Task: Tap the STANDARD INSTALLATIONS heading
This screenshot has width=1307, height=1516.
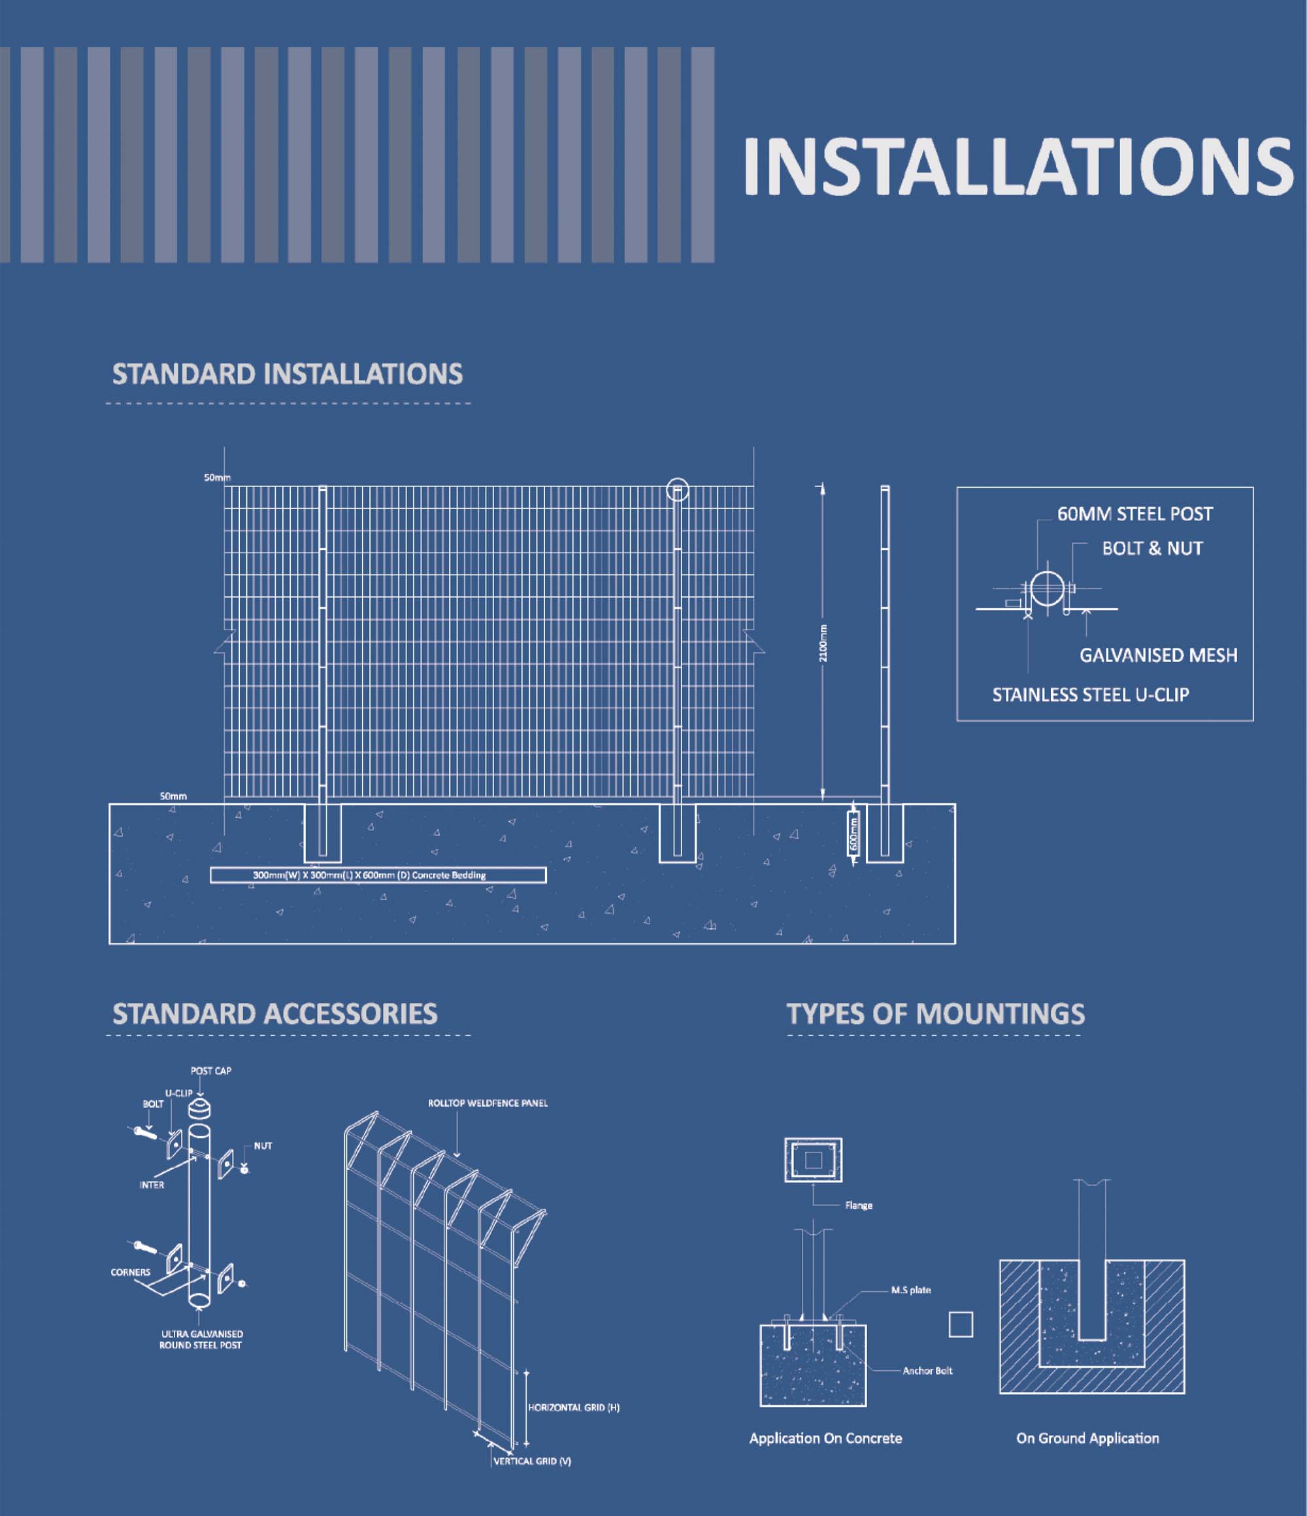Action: pos(288,374)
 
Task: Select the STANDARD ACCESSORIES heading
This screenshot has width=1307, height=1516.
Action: pos(275,1013)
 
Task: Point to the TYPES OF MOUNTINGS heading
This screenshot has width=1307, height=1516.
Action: pos(935,1013)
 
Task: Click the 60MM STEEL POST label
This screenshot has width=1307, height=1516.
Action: pos(1134,514)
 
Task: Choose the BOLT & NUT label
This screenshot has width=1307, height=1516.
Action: pos(1152,548)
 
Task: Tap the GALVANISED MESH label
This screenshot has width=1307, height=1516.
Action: pos(1159,655)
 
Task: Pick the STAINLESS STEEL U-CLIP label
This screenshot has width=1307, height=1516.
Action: pos(1091,694)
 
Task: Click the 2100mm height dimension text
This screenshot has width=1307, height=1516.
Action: pos(823,643)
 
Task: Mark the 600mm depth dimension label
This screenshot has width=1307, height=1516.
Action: pos(853,834)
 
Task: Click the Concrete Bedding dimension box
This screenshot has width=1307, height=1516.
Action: pos(378,875)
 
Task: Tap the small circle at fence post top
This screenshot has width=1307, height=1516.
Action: pos(678,490)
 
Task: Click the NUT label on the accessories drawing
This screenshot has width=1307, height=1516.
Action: pos(263,1146)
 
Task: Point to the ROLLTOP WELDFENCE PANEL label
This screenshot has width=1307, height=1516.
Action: pos(488,1103)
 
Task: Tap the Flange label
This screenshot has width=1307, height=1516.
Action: pos(859,1205)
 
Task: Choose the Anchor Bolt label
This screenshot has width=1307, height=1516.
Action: pos(927,1370)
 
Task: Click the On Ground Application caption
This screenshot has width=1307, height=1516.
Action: pos(1087,1438)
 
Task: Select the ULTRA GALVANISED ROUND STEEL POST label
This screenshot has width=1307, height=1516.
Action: pos(201,1339)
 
